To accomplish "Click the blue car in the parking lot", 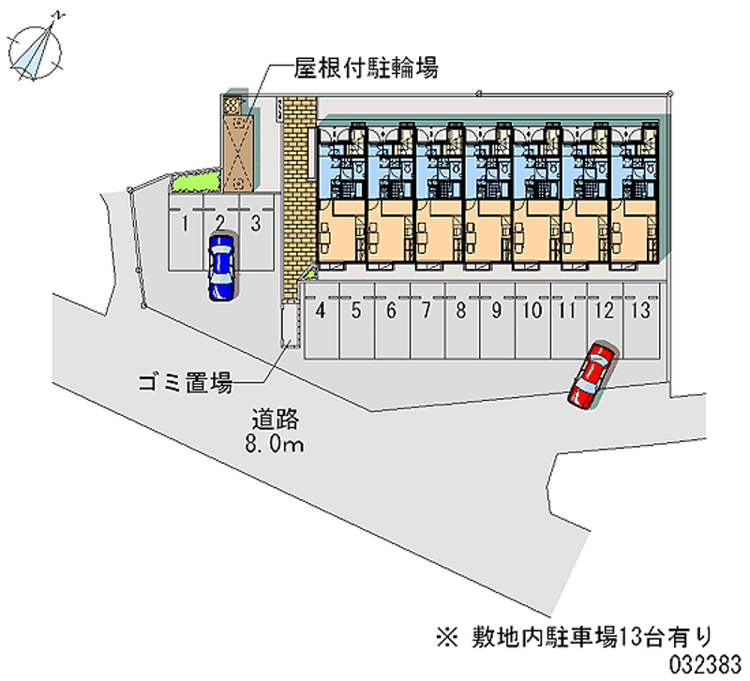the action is pyautogui.click(x=221, y=266).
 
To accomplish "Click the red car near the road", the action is pyautogui.click(x=592, y=375).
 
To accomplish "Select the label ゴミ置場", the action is pyautogui.click(x=185, y=381).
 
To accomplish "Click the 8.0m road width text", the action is pyautogui.click(x=275, y=445).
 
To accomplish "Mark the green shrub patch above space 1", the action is pyautogui.click(x=195, y=182).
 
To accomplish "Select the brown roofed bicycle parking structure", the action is pyautogui.click(x=237, y=146).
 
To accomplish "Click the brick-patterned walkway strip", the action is pyautogui.click(x=297, y=197).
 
